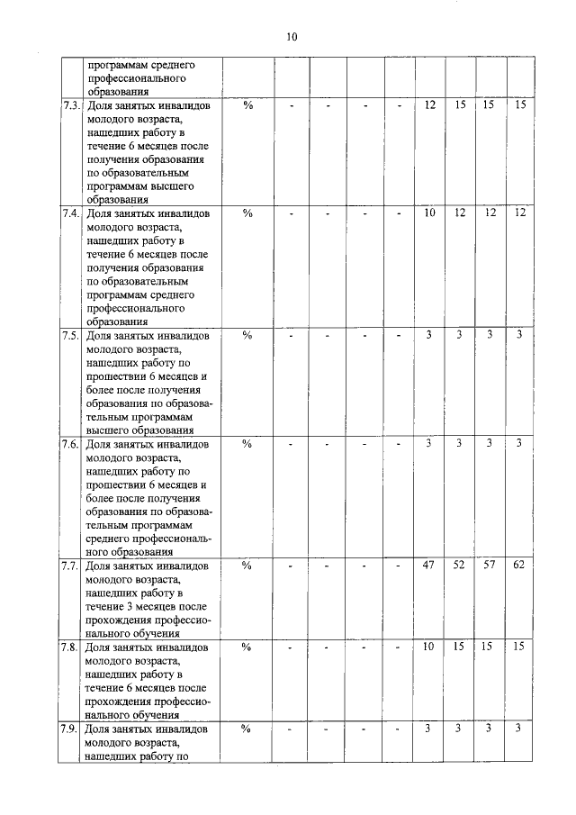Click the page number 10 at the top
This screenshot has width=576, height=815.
click(291, 37)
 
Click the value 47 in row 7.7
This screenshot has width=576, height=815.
click(429, 566)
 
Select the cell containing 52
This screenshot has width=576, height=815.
click(460, 566)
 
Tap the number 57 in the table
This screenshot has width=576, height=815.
click(490, 566)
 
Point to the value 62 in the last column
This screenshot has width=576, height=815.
click(519, 566)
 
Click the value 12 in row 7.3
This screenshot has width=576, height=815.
click(429, 105)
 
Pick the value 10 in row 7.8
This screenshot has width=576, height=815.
click(429, 647)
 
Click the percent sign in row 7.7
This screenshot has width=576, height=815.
click(247, 566)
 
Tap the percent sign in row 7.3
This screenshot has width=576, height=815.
click(247, 106)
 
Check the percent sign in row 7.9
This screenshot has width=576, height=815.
click(247, 729)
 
